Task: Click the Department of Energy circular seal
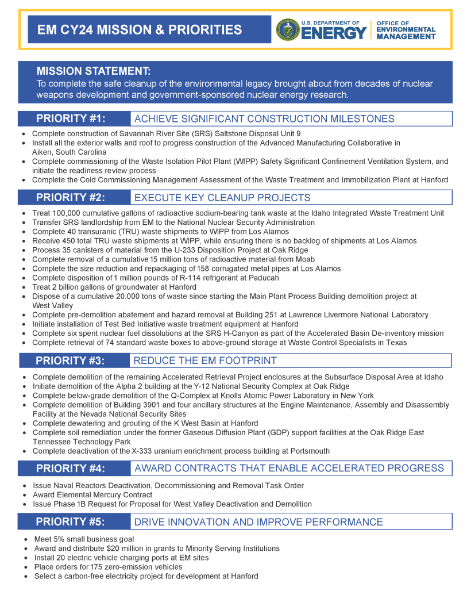288,29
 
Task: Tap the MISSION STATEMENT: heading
94,71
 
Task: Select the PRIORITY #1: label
71,118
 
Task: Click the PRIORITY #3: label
71,360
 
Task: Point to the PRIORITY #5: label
71,521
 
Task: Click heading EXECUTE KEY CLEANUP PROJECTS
222,198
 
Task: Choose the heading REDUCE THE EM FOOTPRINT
205,360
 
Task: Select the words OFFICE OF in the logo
392,24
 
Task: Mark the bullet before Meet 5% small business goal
26,539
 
